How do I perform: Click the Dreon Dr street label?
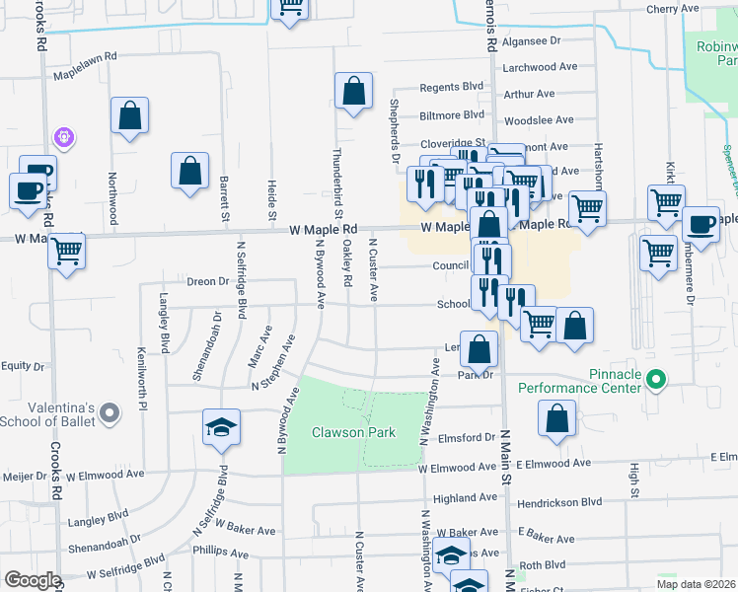[x=207, y=281]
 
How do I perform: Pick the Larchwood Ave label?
[x=539, y=67]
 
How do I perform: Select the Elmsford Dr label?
[x=463, y=437]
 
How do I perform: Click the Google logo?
[x=33, y=580]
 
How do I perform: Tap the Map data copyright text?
[x=696, y=583]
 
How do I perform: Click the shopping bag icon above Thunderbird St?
[x=353, y=92]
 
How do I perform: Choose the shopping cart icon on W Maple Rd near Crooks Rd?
[x=66, y=252]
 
